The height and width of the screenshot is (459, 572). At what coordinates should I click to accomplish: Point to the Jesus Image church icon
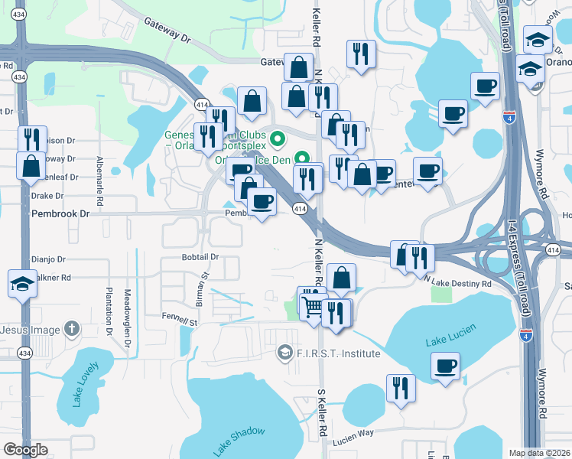tap(71, 330)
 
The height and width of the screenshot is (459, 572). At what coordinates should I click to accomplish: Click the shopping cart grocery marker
tap(313, 307)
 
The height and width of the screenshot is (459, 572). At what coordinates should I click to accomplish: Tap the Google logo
tap(25, 450)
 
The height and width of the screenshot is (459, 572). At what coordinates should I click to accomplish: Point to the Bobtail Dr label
tap(200, 257)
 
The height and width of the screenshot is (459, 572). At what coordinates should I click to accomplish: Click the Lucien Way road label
tap(353, 433)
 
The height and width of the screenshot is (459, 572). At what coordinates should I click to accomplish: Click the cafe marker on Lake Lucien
tap(446, 366)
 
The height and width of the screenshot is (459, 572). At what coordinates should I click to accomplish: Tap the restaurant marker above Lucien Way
tap(400, 388)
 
